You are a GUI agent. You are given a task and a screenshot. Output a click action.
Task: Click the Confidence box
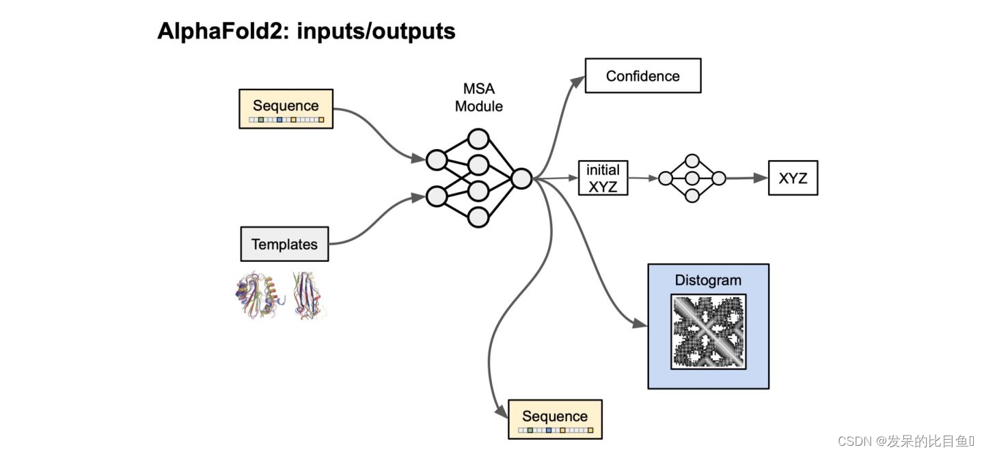[x=643, y=76]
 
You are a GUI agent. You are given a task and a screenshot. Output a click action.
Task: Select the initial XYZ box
[x=603, y=178]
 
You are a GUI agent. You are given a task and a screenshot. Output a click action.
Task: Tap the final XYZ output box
[x=793, y=178]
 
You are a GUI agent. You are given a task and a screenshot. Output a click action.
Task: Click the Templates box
[x=284, y=244]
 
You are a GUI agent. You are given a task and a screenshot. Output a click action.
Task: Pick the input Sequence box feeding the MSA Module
[x=286, y=109]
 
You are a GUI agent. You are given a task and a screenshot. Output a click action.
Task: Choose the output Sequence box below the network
[x=555, y=419]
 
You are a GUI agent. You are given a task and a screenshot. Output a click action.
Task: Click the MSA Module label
[x=478, y=98]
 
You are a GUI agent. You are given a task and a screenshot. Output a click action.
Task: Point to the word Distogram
[x=707, y=280]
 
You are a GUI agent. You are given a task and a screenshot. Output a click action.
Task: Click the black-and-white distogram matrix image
[x=709, y=332]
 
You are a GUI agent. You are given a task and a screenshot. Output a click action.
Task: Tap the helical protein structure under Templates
[x=259, y=295]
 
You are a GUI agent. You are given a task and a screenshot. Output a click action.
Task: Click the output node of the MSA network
[x=521, y=178]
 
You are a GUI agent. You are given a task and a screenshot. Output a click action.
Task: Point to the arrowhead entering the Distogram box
[x=640, y=323]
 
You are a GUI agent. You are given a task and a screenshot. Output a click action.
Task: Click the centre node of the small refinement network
[x=692, y=178]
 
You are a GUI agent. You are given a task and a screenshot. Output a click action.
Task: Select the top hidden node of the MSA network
[x=478, y=139]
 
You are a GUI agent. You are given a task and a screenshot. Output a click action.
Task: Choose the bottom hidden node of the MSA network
[x=478, y=217]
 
